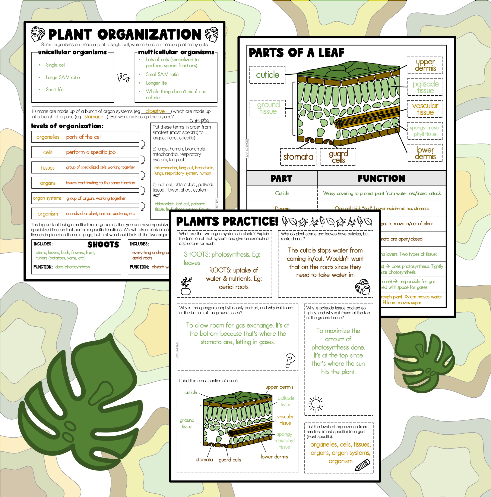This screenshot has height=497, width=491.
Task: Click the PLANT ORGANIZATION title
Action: [x=125, y=34]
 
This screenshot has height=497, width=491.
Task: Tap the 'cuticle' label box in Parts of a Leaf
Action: [x=267, y=75]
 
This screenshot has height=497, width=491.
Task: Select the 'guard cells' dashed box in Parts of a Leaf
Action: [x=338, y=157]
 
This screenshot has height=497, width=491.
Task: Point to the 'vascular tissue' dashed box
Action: [x=425, y=109]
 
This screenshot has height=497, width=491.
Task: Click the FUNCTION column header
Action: [x=381, y=178]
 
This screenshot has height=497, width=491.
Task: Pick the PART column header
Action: [x=282, y=178]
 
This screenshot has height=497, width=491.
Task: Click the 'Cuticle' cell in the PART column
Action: [x=282, y=193]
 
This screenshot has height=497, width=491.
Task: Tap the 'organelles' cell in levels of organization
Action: [x=48, y=137]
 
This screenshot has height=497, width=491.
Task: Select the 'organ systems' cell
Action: [x=47, y=198]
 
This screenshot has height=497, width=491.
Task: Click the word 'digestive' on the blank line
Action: [x=155, y=111]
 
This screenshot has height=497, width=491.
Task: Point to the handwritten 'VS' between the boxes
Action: [x=124, y=77]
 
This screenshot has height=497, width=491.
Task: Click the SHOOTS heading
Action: [x=103, y=244]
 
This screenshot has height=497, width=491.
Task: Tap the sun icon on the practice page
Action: [x=316, y=404]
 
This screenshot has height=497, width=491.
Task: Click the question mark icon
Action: [x=290, y=360]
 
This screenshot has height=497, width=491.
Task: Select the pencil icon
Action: [x=362, y=465]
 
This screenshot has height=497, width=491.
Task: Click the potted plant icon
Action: [x=186, y=286]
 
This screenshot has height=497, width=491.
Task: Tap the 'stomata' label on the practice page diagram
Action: [x=204, y=459]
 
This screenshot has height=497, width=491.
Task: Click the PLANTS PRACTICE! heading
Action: [x=227, y=221]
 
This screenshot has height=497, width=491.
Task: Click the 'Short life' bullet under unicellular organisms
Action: [x=54, y=90]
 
